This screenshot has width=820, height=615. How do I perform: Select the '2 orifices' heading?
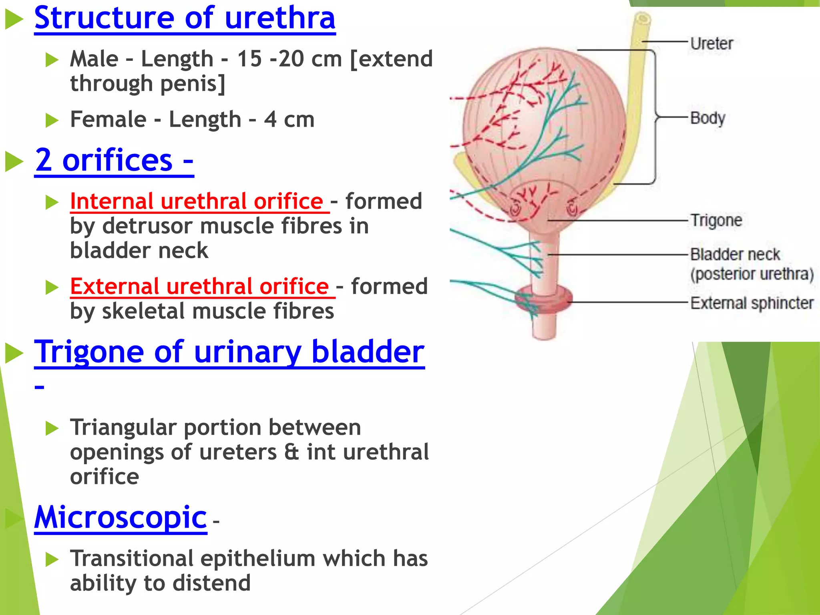coord(114,160)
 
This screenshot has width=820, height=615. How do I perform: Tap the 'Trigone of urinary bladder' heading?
coord(229,352)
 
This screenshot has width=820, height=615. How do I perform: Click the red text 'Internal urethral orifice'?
coord(197,201)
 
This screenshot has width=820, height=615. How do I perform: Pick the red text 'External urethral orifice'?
coord(199,286)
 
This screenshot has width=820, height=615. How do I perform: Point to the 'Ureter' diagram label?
coord(712,43)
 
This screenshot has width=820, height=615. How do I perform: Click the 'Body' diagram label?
coord(707,118)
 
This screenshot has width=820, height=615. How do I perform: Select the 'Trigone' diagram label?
coord(716,220)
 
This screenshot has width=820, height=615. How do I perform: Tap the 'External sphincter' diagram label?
coord(752,303)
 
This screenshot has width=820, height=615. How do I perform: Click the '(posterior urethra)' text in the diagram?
coord(752,274)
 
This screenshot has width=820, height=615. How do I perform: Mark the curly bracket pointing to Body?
coord(655,117)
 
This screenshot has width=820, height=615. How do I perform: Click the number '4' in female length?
coord(270,119)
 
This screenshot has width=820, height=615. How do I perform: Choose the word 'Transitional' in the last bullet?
coord(132,558)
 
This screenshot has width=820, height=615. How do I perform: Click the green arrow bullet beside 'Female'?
coord(52,120)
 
